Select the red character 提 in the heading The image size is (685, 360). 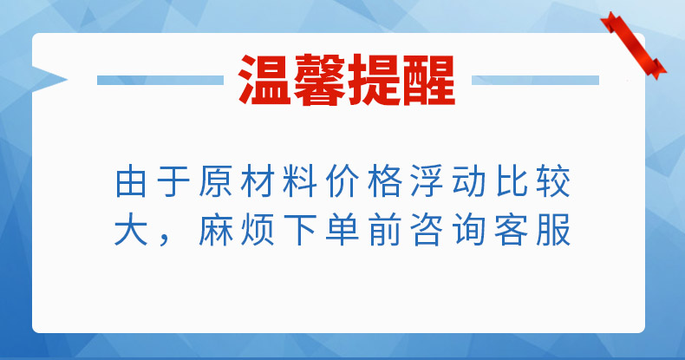(375, 80)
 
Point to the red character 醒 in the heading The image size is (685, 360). (428, 80)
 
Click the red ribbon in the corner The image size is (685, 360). (634, 46)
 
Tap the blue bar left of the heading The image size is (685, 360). (160, 80)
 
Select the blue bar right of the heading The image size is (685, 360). (535, 80)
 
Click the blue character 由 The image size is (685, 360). (131, 181)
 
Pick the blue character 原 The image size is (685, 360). (215, 181)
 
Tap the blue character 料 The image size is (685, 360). (300, 181)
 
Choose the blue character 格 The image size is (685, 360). (384, 181)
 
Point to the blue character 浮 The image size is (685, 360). (427, 181)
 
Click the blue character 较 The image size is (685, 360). (554, 181)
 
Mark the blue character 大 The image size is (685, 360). (131, 229)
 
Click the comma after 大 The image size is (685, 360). (164, 239)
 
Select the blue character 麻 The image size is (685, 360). (215, 229)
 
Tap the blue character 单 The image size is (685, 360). (342, 229)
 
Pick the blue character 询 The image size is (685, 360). (469, 229)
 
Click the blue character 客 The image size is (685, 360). (512, 229)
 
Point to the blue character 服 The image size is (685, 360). (554, 229)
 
